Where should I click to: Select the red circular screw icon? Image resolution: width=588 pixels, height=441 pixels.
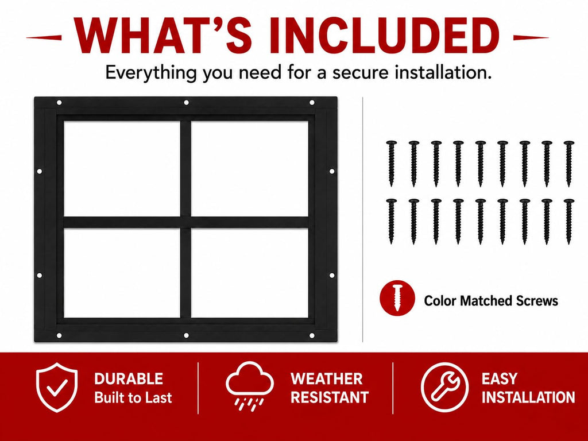click(x=397, y=298)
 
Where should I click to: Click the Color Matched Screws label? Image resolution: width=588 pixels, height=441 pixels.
click(x=491, y=300)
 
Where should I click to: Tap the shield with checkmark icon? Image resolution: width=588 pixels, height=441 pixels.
click(x=57, y=387)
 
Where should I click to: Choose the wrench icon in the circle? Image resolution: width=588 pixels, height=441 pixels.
click(x=444, y=387)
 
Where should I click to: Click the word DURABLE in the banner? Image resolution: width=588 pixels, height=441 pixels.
click(x=129, y=379)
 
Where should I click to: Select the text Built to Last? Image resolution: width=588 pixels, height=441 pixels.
click(x=133, y=397)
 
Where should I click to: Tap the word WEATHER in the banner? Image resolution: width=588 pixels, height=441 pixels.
click(x=327, y=379)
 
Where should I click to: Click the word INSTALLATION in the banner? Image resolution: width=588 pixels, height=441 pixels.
click(x=528, y=397)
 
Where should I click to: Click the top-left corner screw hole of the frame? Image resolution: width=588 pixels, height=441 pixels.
click(x=59, y=102)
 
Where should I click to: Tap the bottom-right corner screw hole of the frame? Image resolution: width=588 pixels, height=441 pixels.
click(x=312, y=335)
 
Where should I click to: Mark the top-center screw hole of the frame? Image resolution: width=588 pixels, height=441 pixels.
click(x=186, y=102)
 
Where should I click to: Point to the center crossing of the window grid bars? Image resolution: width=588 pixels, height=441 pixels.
click(x=185, y=222)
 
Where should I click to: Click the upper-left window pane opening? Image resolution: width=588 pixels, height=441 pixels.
click(x=122, y=168)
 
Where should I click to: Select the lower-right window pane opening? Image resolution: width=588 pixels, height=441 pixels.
click(x=250, y=273)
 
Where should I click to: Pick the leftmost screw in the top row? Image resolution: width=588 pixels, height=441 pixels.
click(x=392, y=164)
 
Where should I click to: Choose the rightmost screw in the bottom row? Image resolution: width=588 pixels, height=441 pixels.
click(x=569, y=222)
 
